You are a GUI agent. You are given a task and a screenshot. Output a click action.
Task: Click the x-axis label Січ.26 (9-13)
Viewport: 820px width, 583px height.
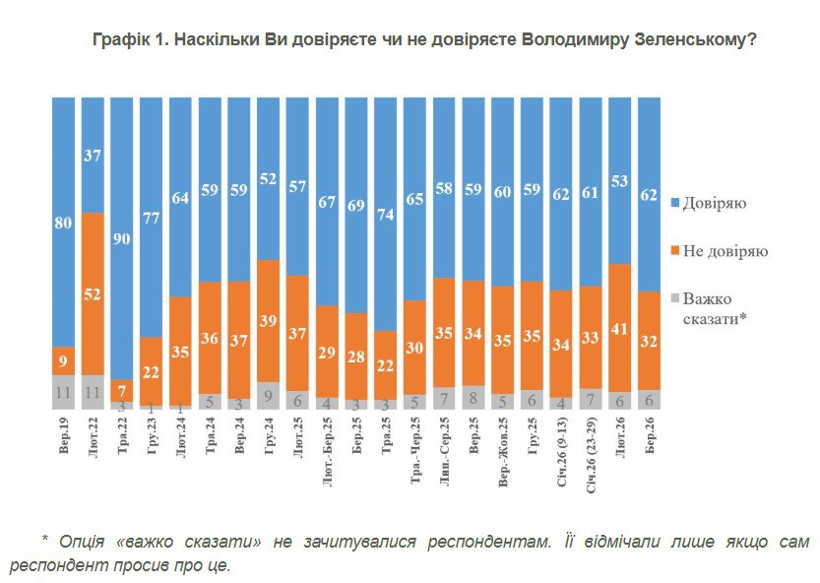[x=562, y=463]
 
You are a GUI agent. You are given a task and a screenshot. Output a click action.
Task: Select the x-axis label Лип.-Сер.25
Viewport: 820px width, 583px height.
[x=444, y=461]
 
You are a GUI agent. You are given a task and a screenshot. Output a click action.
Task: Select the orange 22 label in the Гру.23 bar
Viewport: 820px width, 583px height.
[x=151, y=372]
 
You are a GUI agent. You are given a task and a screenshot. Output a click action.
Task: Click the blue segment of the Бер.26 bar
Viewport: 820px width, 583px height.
[x=649, y=194]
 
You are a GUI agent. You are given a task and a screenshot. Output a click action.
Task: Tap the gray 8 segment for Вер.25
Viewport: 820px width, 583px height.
[x=473, y=397]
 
